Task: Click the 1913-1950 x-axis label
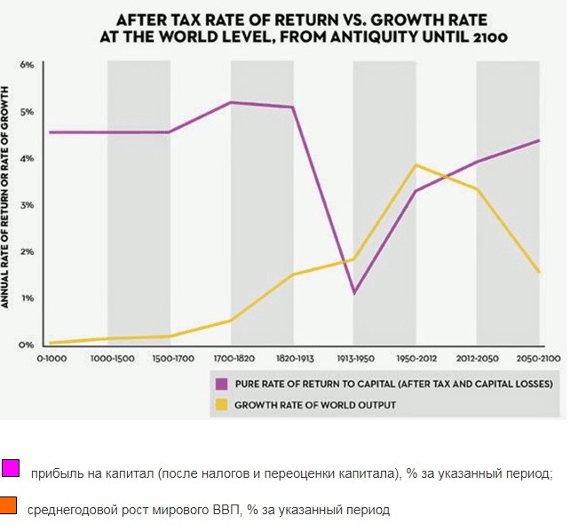pos(353,359)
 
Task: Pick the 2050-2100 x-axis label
pos(539,359)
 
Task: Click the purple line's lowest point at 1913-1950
pos(354,293)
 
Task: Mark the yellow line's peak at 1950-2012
pos(416,165)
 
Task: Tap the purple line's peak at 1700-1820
pos(231,102)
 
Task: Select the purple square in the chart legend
pos(222,384)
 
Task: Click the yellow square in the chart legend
pos(222,404)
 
